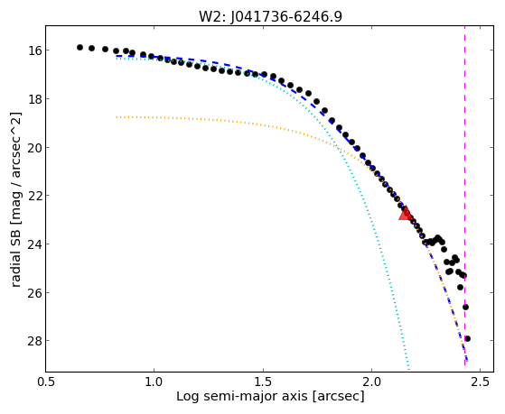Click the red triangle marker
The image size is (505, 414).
405,213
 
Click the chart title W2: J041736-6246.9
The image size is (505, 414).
270,16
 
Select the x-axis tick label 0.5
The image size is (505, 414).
46,382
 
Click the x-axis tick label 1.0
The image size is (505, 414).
154,382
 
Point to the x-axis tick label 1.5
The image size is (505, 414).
263,382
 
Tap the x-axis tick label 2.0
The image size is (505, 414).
371,382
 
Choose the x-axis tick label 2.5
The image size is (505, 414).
481,382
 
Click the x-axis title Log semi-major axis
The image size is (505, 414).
241,397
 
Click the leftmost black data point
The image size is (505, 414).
79,47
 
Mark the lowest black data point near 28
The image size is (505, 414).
468,338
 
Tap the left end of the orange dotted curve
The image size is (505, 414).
117,117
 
